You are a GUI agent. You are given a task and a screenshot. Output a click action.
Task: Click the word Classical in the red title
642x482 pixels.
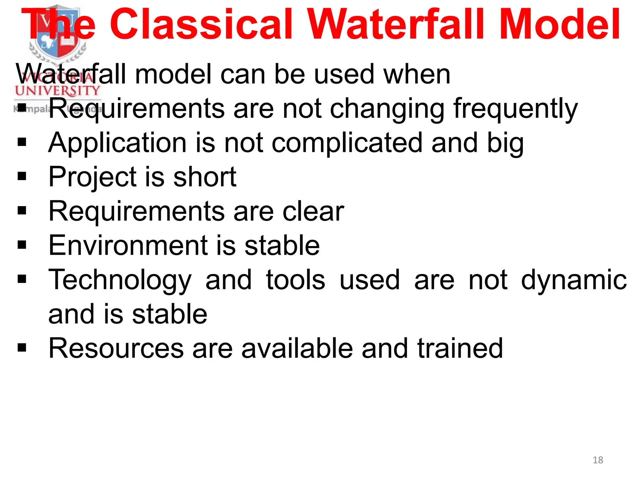click(201, 24)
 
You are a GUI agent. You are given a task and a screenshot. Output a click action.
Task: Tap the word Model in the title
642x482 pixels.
click(559, 24)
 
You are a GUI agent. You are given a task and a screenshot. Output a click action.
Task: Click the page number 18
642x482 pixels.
click(598, 460)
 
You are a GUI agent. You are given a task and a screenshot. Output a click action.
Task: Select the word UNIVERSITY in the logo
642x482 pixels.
click(57, 91)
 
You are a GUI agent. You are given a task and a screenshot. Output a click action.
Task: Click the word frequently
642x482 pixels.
click(515, 109)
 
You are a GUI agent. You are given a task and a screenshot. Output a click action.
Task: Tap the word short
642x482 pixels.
click(205, 177)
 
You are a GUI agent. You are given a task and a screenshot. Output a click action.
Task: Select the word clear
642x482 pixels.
click(313, 212)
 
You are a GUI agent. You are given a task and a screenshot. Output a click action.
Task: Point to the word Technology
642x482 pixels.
click(120, 280)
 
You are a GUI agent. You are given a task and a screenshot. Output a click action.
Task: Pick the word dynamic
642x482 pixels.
click(574, 280)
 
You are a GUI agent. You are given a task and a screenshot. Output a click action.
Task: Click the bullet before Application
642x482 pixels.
click(22, 142)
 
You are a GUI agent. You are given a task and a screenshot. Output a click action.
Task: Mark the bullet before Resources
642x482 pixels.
click(22, 348)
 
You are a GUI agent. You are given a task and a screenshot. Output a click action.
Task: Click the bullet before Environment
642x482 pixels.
click(22, 245)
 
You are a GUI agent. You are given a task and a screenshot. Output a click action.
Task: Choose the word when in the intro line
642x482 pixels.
click(417, 74)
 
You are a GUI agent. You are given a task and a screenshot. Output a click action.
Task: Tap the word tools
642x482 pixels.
click(295, 280)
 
